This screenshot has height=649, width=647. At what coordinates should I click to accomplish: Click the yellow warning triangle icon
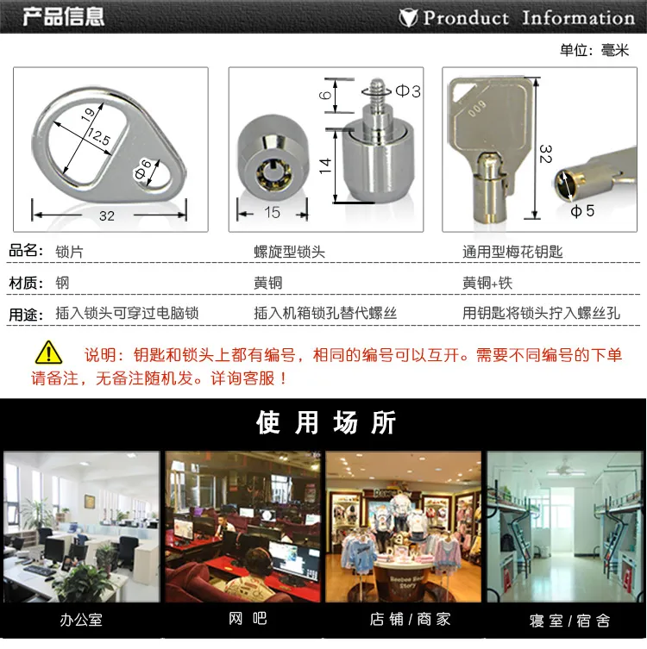pos(49,353)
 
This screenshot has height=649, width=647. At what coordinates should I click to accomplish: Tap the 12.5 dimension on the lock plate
pos(98,136)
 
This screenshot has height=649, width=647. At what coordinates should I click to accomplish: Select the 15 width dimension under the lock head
pos(272,213)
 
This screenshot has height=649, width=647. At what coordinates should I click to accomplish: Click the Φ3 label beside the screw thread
pos(408,91)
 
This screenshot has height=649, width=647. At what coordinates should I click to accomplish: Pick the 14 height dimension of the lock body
pos(325,165)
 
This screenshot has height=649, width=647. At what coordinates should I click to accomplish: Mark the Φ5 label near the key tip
pos(582,211)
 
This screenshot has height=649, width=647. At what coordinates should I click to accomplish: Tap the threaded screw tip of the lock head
pos(376,92)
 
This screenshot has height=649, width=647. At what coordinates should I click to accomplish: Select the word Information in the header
pos(578,18)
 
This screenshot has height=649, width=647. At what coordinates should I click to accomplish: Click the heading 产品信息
pos(63,16)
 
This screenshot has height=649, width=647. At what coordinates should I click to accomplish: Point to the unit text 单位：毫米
pos(594,51)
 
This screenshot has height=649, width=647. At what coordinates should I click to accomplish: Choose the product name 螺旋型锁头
pos(290,252)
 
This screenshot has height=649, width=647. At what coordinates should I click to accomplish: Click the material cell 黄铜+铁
pos(487,283)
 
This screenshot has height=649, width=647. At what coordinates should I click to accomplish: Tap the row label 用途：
pos(26,315)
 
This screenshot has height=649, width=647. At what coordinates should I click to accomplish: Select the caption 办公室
pos(81,620)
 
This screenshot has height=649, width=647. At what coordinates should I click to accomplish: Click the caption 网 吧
pos(248,619)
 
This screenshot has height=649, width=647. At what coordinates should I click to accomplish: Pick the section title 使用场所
pos(326,422)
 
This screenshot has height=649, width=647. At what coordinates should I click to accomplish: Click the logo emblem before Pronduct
pos(408,18)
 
